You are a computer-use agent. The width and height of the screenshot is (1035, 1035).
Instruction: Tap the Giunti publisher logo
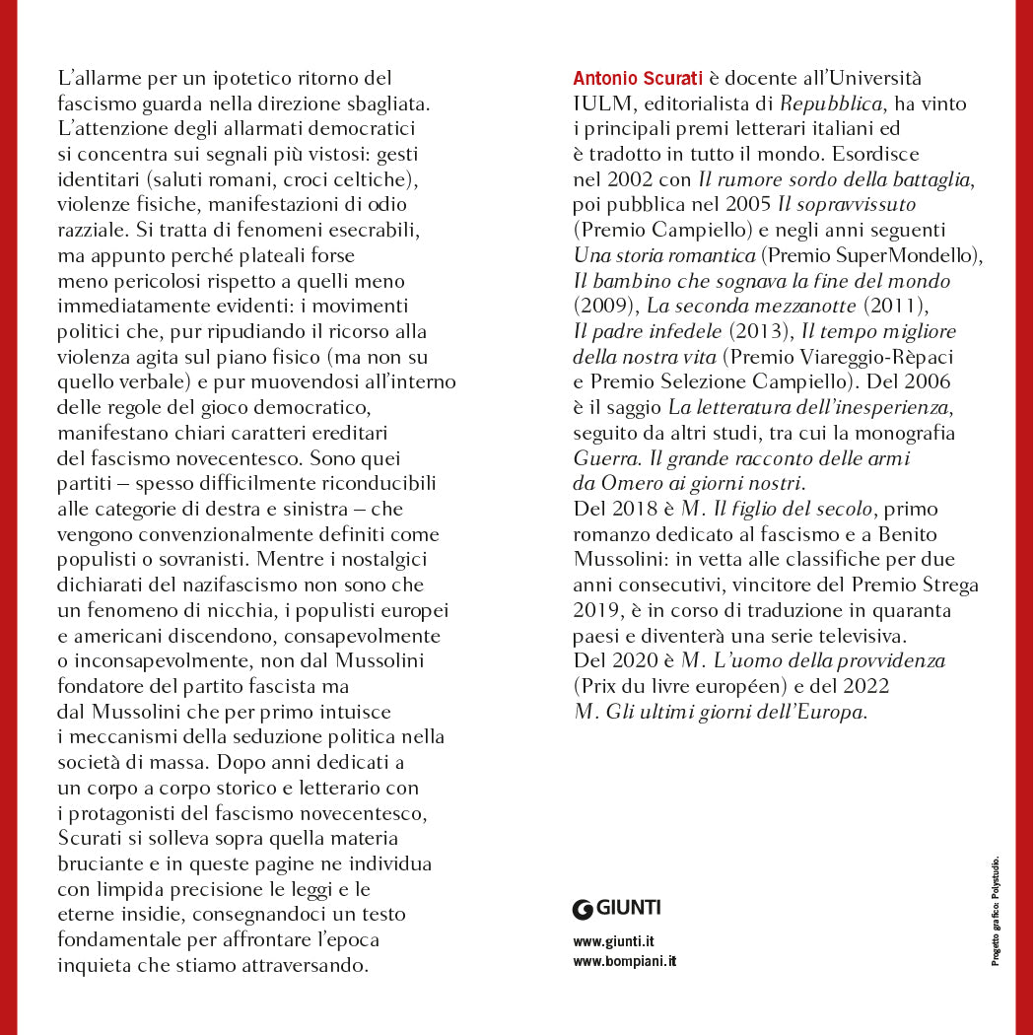[616, 908]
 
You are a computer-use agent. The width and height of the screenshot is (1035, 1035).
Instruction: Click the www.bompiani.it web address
[625, 961]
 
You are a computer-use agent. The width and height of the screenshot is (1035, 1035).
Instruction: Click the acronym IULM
[598, 103]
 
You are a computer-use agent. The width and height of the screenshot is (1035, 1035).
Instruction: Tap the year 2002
[620, 180]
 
